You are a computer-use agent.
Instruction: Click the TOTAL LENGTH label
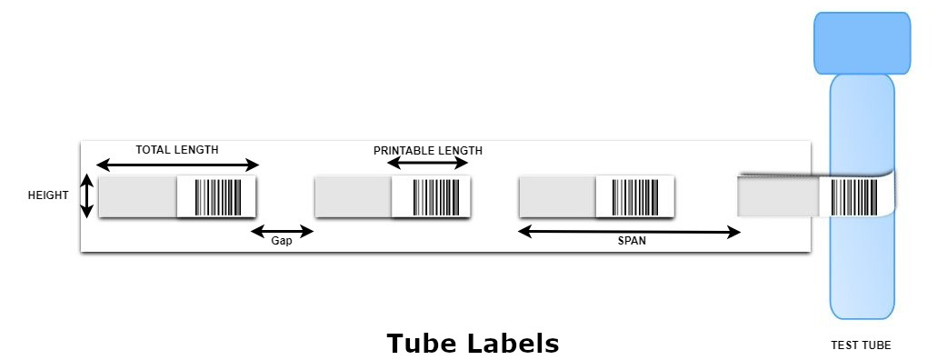[177, 150]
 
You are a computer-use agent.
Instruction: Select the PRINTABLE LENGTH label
[427, 150]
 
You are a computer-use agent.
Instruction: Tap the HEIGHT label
[48, 195]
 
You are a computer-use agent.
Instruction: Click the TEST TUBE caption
[861, 345]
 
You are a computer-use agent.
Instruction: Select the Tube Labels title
[473, 344]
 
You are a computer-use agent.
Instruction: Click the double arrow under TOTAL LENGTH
[177, 165]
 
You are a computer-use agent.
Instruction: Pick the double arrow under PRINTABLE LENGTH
[427, 164]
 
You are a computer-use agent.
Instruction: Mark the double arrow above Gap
[282, 231]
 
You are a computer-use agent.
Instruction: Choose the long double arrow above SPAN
[629, 232]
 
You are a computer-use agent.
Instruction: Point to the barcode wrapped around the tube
[858, 196]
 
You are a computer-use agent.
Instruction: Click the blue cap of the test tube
[862, 43]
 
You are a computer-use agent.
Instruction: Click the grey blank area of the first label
[137, 196]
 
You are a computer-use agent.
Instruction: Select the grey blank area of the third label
[556, 196]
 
